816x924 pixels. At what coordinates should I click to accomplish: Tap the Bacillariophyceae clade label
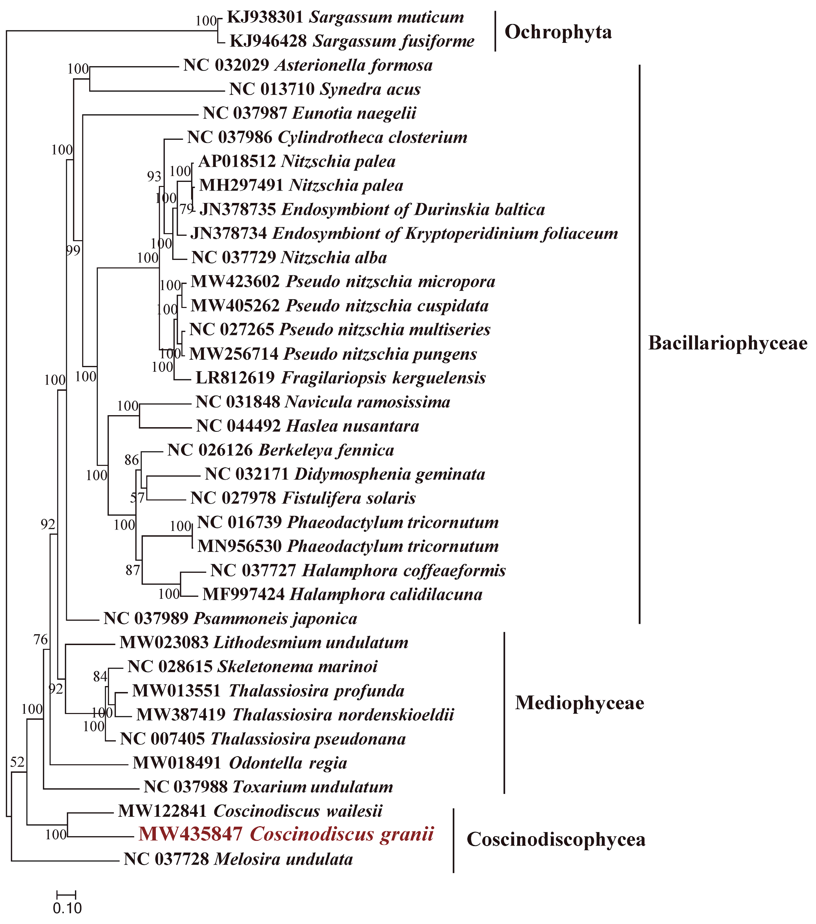tap(728, 343)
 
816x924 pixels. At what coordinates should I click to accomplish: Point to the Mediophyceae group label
tap(579, 703)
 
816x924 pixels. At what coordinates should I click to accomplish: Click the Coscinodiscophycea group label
tap(556, 839)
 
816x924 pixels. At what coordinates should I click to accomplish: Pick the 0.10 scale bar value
tap(67, 908)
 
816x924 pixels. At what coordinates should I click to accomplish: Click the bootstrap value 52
tap(17, 763)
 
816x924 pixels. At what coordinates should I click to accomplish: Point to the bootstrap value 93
tap(154, 176)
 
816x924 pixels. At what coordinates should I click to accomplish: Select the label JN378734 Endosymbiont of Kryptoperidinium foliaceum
tap(404, 234)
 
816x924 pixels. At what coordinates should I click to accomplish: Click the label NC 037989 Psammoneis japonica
tap(230, 618)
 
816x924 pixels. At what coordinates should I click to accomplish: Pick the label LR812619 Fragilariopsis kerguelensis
tap(340, 378)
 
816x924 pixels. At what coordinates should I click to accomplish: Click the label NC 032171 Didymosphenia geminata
tap(345, 474)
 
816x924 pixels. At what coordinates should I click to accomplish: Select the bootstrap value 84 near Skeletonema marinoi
tap(100, 676)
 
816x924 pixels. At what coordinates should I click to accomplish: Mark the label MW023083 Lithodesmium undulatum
tap(263, 642)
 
